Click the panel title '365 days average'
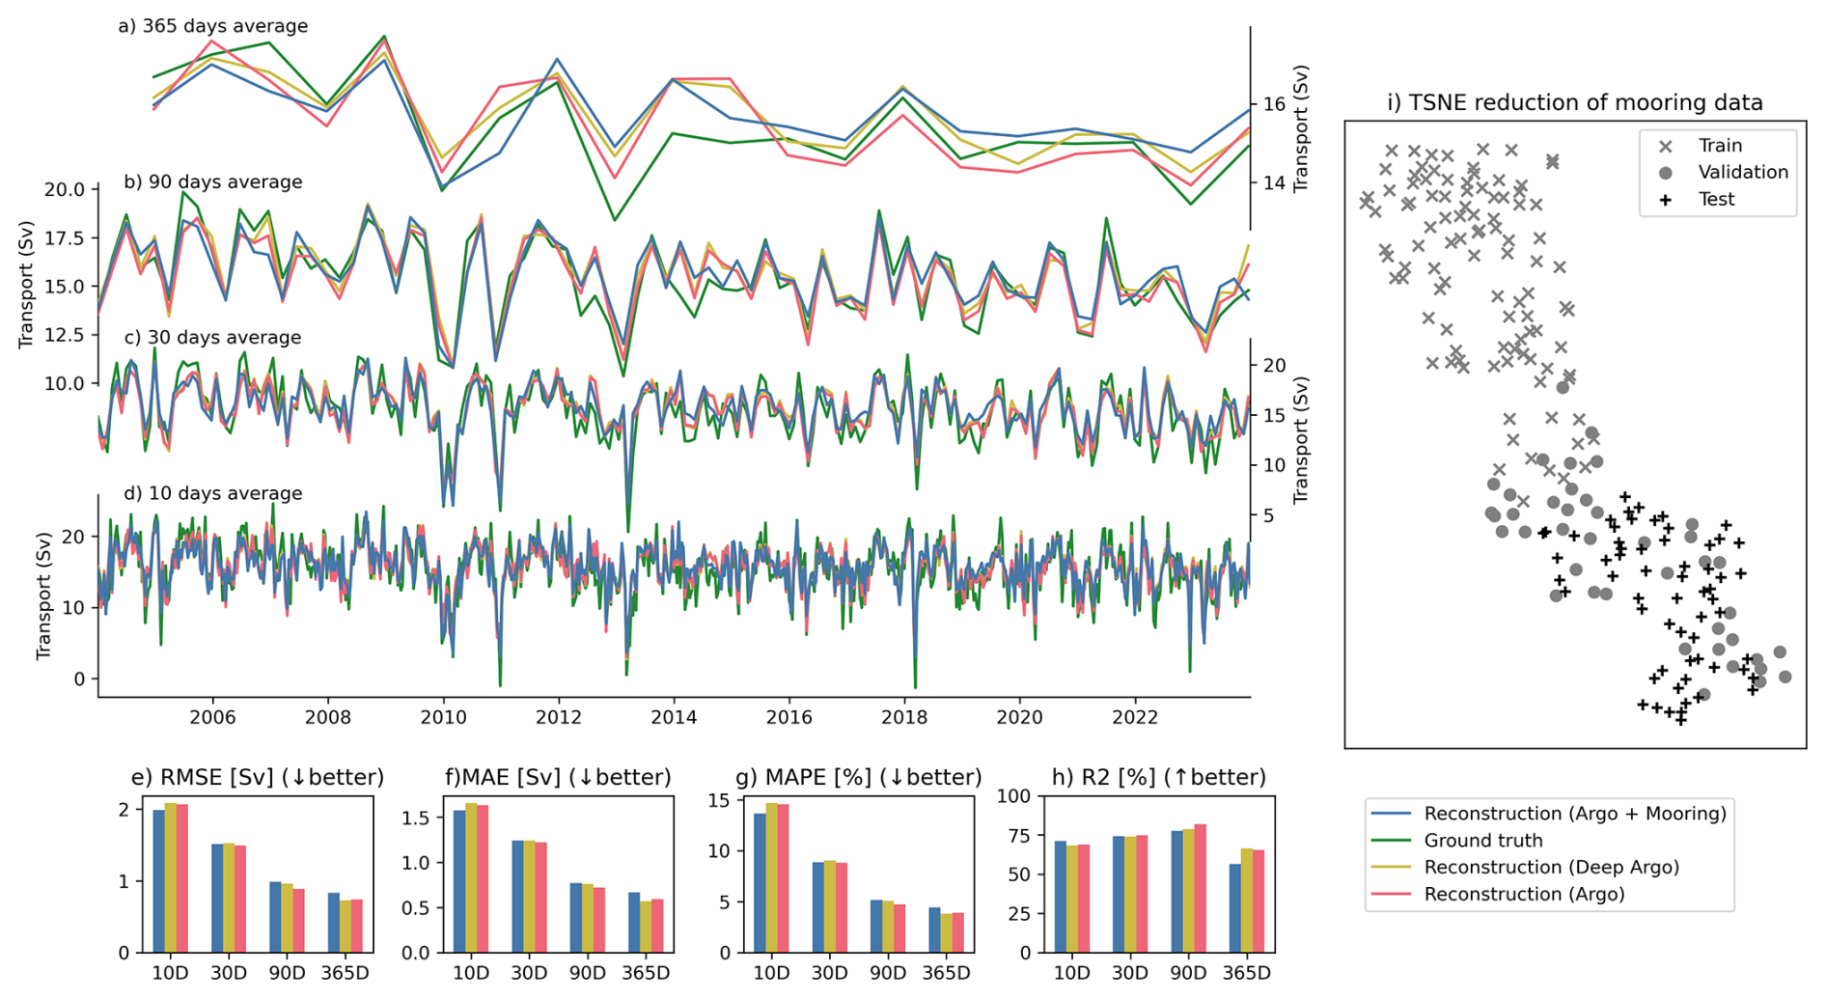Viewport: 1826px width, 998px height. tap(224, 26)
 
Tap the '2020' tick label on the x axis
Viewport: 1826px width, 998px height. tap(1019, 717)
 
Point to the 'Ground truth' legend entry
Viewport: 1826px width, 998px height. tap(1482, 841)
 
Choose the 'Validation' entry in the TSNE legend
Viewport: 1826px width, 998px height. tap(1742, 172)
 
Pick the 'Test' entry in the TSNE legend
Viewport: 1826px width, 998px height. tap(1716, 199)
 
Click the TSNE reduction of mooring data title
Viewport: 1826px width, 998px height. tap(1574, 102)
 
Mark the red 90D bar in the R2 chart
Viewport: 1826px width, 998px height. tap(1200, 888)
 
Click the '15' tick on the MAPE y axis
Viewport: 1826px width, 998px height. tap(717, 800)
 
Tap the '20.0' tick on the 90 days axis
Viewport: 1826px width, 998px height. tap(64, 189)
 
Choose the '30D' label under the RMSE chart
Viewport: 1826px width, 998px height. tap(229, 973)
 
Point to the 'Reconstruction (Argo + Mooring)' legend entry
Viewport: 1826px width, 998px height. tap(1574, 814)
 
